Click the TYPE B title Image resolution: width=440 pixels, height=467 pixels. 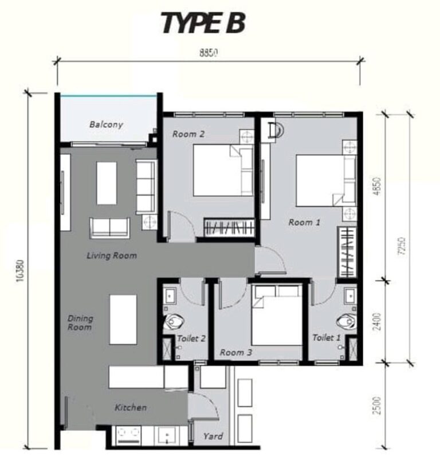pos(203,23)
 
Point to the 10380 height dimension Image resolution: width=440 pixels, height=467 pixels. pos(21,270)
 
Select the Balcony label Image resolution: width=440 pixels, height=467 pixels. pos(106,124)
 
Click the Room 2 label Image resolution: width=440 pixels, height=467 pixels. pos(188,134)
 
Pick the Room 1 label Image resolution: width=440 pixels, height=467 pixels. pos(304,222)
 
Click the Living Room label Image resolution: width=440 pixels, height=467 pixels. pos(112,255)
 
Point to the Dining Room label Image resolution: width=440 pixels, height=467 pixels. pos(80,322)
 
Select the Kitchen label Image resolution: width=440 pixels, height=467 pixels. pos(131,407)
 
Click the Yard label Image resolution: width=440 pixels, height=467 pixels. pos(213,436)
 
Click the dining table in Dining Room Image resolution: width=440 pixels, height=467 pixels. pos(123,319)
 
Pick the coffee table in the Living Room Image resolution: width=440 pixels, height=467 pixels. pos(107,183)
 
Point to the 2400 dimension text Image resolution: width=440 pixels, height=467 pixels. pos(376,321)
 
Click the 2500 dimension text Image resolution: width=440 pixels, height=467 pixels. pos(376,405)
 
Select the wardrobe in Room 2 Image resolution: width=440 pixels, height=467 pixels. pos(228,227)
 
